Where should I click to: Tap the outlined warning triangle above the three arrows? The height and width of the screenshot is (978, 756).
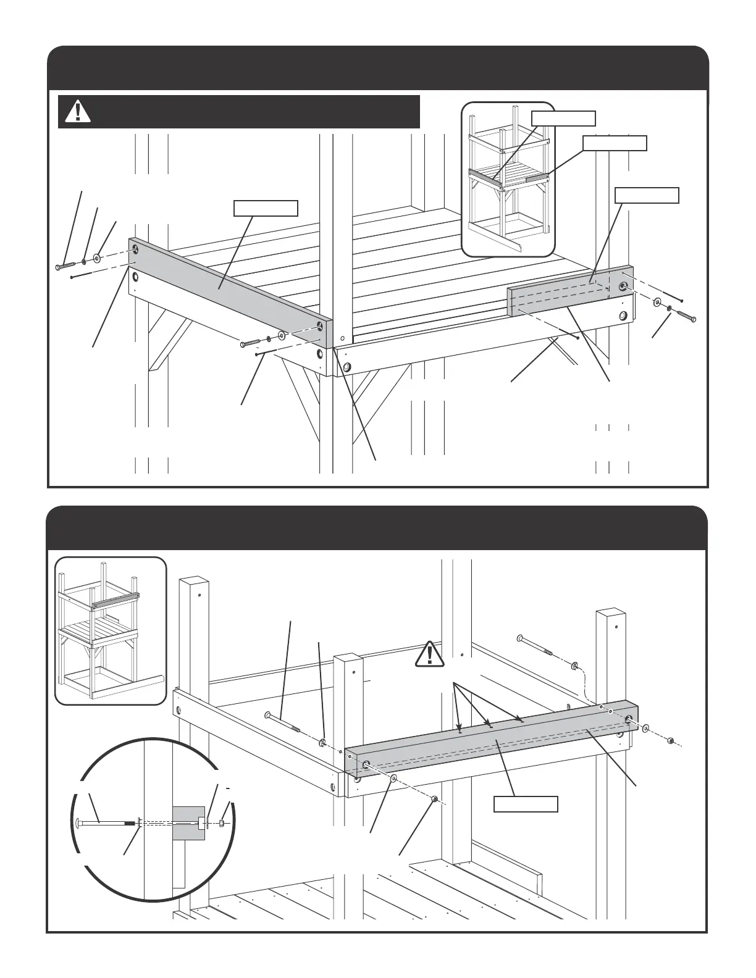coord(430,655)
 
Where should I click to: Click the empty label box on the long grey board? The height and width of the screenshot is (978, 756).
coord(266,208)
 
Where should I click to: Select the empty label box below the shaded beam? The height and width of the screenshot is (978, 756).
coord(526,804)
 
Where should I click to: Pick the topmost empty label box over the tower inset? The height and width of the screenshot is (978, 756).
coord(563,118)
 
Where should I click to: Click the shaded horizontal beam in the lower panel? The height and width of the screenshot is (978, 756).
coord(494,741)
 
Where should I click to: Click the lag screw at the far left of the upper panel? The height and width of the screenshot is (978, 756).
coord(64,265)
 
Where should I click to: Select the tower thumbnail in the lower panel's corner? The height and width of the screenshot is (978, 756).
coord(111,630)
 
